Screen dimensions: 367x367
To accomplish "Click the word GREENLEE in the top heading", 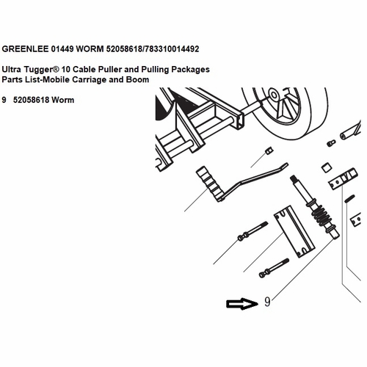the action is (25, 49).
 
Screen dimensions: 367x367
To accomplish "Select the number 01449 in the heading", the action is (62, 49).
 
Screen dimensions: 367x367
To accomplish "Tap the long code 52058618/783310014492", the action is (153, 49).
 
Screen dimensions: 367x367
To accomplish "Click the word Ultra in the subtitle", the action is (12, 70).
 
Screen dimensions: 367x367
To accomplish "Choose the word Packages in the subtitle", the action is (190, 70).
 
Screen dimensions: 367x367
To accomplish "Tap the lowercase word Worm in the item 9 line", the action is (63, 100).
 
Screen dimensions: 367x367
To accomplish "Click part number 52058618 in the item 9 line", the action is (32, 100).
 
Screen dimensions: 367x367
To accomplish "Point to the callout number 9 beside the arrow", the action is (267, 302).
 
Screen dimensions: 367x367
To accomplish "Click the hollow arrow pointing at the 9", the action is (242, 304).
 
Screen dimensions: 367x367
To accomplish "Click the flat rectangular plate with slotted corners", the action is (294, 231).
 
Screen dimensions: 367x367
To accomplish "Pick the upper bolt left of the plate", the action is (252, 231).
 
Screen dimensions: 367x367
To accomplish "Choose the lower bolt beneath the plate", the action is (274, 268).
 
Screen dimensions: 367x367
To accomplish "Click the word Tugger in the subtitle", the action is (41, 70).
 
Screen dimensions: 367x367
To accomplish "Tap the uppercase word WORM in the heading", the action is (90, 49).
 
